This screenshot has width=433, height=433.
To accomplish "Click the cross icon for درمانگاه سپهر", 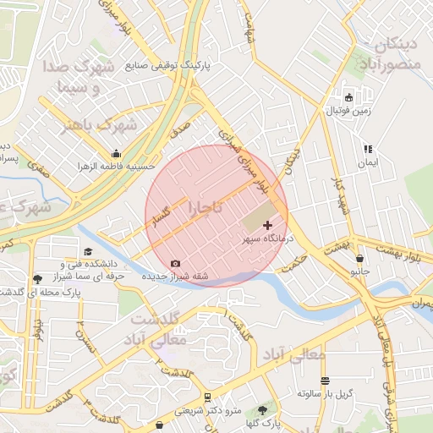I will tap(268, 225).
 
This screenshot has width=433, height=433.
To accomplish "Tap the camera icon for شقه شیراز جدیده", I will tap(175, 264).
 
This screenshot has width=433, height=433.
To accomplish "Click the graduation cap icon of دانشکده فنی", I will tap(89, 251).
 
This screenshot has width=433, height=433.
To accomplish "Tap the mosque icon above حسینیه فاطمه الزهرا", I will tap(116, 154).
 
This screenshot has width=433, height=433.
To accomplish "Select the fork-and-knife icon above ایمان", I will tap(367, 148).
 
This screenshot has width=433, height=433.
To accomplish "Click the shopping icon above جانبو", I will tap(360, 259).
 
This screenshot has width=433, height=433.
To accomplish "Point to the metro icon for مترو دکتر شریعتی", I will tap(207, 397).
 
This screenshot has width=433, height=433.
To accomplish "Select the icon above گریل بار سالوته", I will tap(325, 381).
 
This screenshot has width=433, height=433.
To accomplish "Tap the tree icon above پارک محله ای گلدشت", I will tap(36, 279).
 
